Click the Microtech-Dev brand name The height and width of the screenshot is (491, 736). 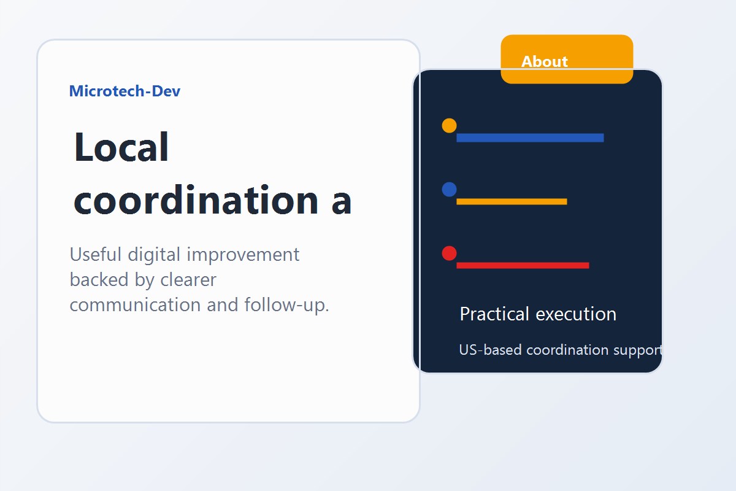tap(125, 91)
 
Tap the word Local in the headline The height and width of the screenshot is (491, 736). tap(121, 148)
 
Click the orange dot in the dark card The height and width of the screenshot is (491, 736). tap(449, 126)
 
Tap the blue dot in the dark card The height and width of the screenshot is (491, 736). tap(449, 190)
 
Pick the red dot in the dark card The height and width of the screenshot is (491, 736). tap(449, 253)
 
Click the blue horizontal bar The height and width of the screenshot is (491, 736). tap(530, 137)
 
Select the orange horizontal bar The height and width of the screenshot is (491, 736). tap(512, 201)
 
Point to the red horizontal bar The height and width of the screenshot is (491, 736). tap(523, 265)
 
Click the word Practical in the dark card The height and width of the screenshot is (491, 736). tap(494, 314)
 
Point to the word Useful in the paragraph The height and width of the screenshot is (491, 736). tap(96, 254)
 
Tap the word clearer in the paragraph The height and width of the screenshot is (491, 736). tap(188, 280)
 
